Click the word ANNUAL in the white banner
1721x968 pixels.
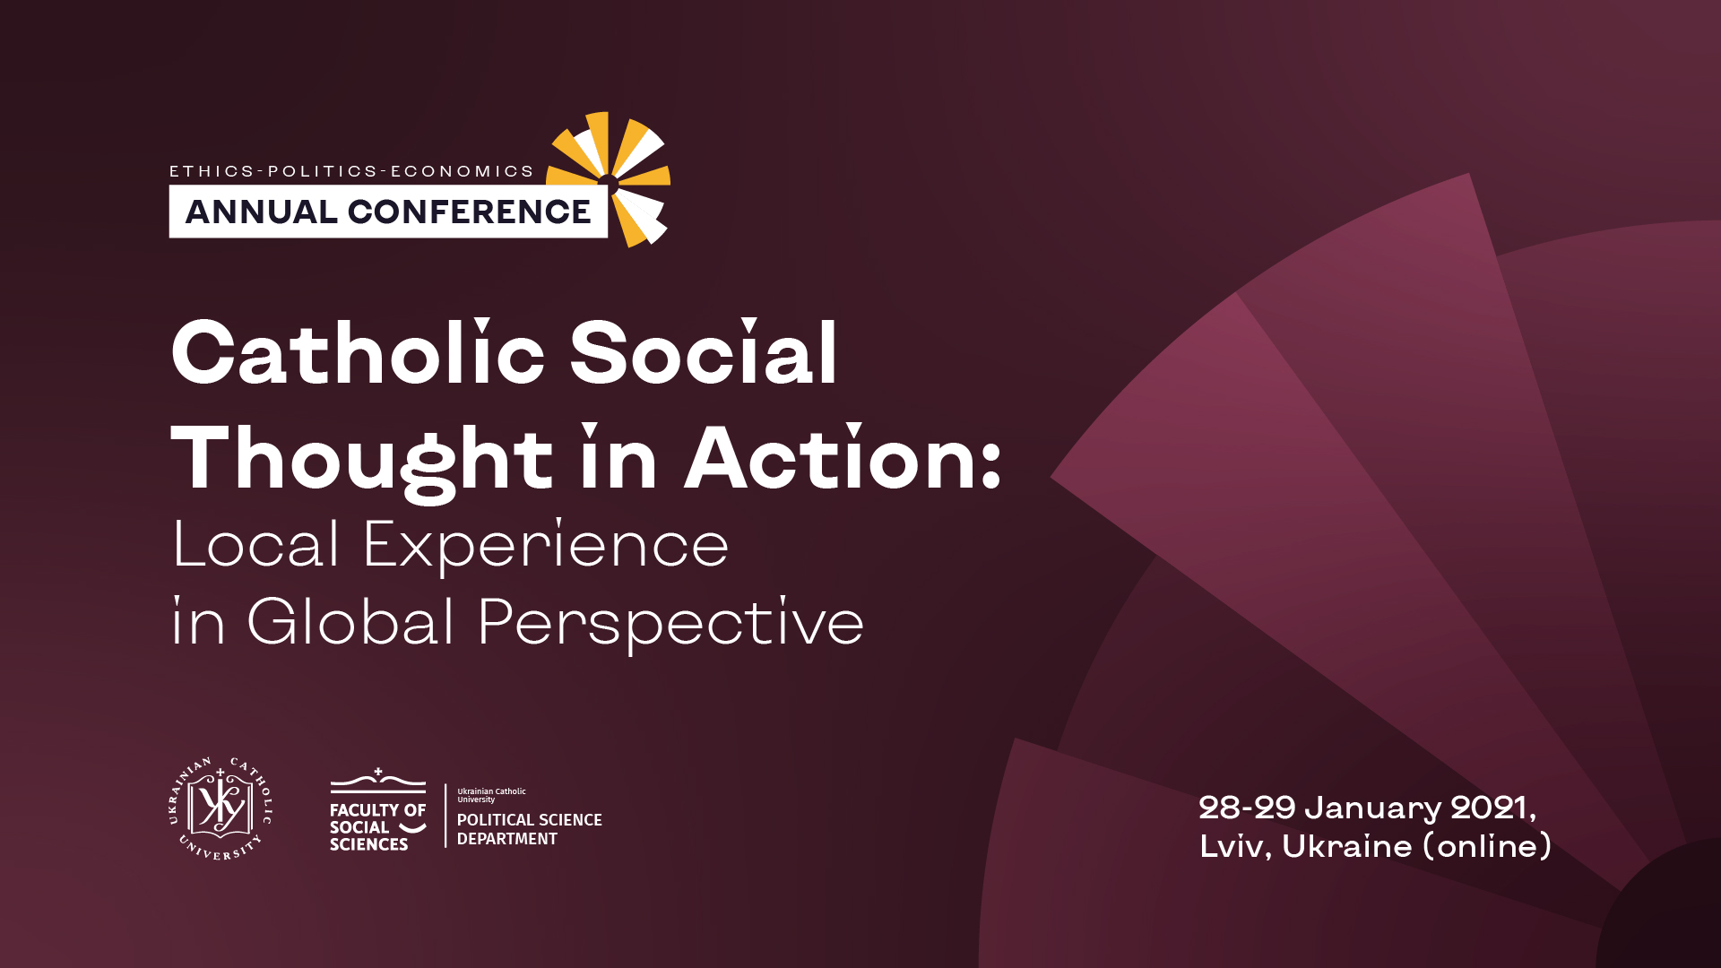point(261,212)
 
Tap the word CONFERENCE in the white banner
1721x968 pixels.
point(470,212)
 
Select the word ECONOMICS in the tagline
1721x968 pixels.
point(463,171)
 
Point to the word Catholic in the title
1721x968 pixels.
point(358,352)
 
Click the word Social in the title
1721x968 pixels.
point(704,352)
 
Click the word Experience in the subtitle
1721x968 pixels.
point(546,546)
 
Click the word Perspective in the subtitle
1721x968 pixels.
point(671,624)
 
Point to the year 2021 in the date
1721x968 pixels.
point(1490,808)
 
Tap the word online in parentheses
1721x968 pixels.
point(1487,846)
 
